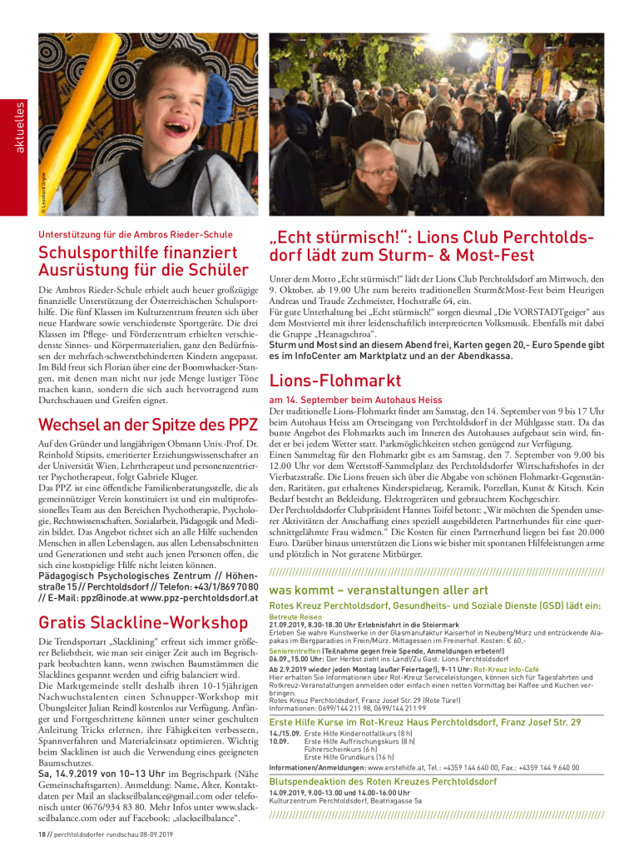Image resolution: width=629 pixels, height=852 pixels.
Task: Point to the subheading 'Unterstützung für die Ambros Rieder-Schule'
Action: click(x=136, y=234)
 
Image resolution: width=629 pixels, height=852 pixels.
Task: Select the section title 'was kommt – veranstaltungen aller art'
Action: click(x=379, y=590)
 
